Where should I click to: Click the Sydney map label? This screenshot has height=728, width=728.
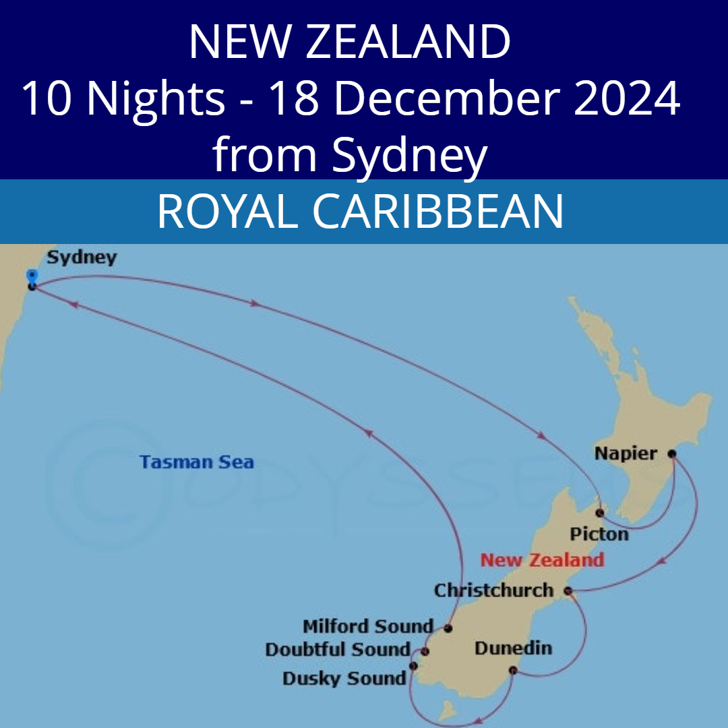(82, 257)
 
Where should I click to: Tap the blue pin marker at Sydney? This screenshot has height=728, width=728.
(31, 276)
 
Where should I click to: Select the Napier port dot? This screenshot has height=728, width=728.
(671, 454)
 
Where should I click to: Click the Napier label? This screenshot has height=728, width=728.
(626, 454)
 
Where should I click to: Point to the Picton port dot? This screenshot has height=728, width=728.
(599, 513)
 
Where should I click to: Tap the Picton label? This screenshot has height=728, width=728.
(599, 535)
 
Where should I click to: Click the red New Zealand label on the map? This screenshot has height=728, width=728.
(542, 560)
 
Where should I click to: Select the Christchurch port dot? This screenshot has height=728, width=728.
(568, 591)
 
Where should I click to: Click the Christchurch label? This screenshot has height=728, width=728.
(493, 590)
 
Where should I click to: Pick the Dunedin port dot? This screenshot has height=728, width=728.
(513, 670)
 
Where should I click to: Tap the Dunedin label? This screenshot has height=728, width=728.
(513, 648)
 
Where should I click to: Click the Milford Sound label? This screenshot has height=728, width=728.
(368, 626)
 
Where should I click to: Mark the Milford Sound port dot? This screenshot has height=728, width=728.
(448, 628)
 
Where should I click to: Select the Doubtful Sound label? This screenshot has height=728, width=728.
(338, 650)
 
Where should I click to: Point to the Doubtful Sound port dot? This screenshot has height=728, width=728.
(425, 651)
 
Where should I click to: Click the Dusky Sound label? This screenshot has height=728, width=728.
(344, 678)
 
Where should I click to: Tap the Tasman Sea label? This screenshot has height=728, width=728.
(197, 462)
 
